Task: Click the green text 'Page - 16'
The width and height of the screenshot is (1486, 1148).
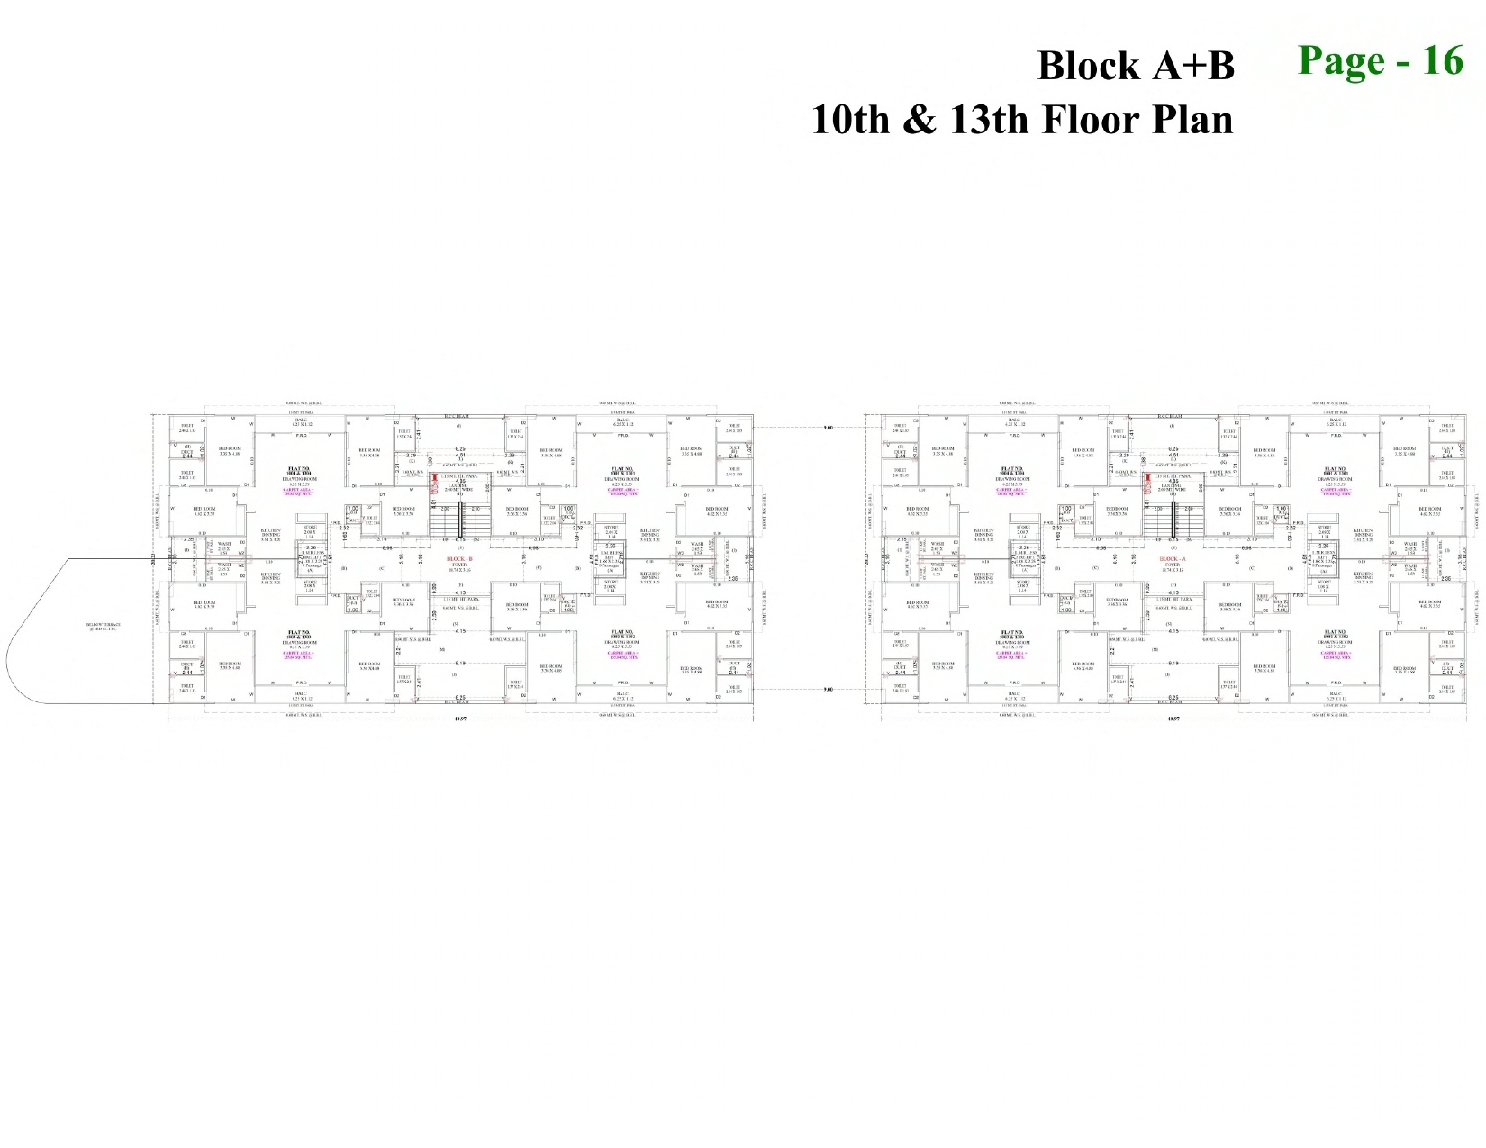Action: pyautogui.click(x=1380, y=61)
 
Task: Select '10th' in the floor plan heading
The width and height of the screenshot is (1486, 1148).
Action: pyautogui.click(x=849, y=120)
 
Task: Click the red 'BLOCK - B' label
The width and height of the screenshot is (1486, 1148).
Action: pyautogui.click(x=459, y=559)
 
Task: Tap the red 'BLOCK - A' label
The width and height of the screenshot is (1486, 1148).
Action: pyautogui.click(x=1173, y=559)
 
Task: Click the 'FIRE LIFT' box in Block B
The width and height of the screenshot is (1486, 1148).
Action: pyautogui.click(x=313, y=558)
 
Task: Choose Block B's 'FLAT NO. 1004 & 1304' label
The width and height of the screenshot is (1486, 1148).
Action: pyautogui.click(x=299, y=471)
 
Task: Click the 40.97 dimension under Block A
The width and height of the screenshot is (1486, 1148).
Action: pyautogui.click(x=1173, y=719)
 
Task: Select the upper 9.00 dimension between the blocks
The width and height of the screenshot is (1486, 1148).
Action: pyautogui.click(x=828, y=428)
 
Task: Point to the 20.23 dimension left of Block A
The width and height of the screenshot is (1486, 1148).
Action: pyautogui.click(x=868, y=559)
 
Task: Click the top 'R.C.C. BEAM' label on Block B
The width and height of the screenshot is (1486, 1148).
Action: pyautogui.click(x=458, y=416)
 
